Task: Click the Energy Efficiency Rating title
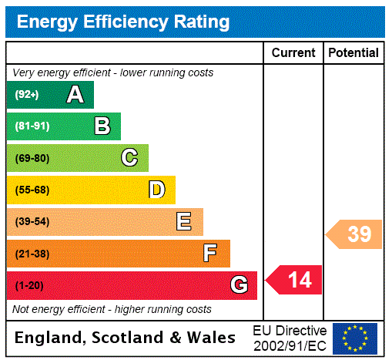123,22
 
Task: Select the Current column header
293,53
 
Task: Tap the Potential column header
353,53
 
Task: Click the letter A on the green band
75,95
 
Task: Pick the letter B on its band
102,126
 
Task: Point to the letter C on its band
129,158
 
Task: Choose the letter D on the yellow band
156,190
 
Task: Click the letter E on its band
184,222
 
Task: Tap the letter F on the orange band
210,254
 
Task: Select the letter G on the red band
239,286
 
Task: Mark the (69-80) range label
32,159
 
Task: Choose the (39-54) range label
32,222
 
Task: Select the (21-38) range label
32,254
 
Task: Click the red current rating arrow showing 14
295,280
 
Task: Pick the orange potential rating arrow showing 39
355,234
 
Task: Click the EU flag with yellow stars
355,338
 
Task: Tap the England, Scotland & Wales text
125,338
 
